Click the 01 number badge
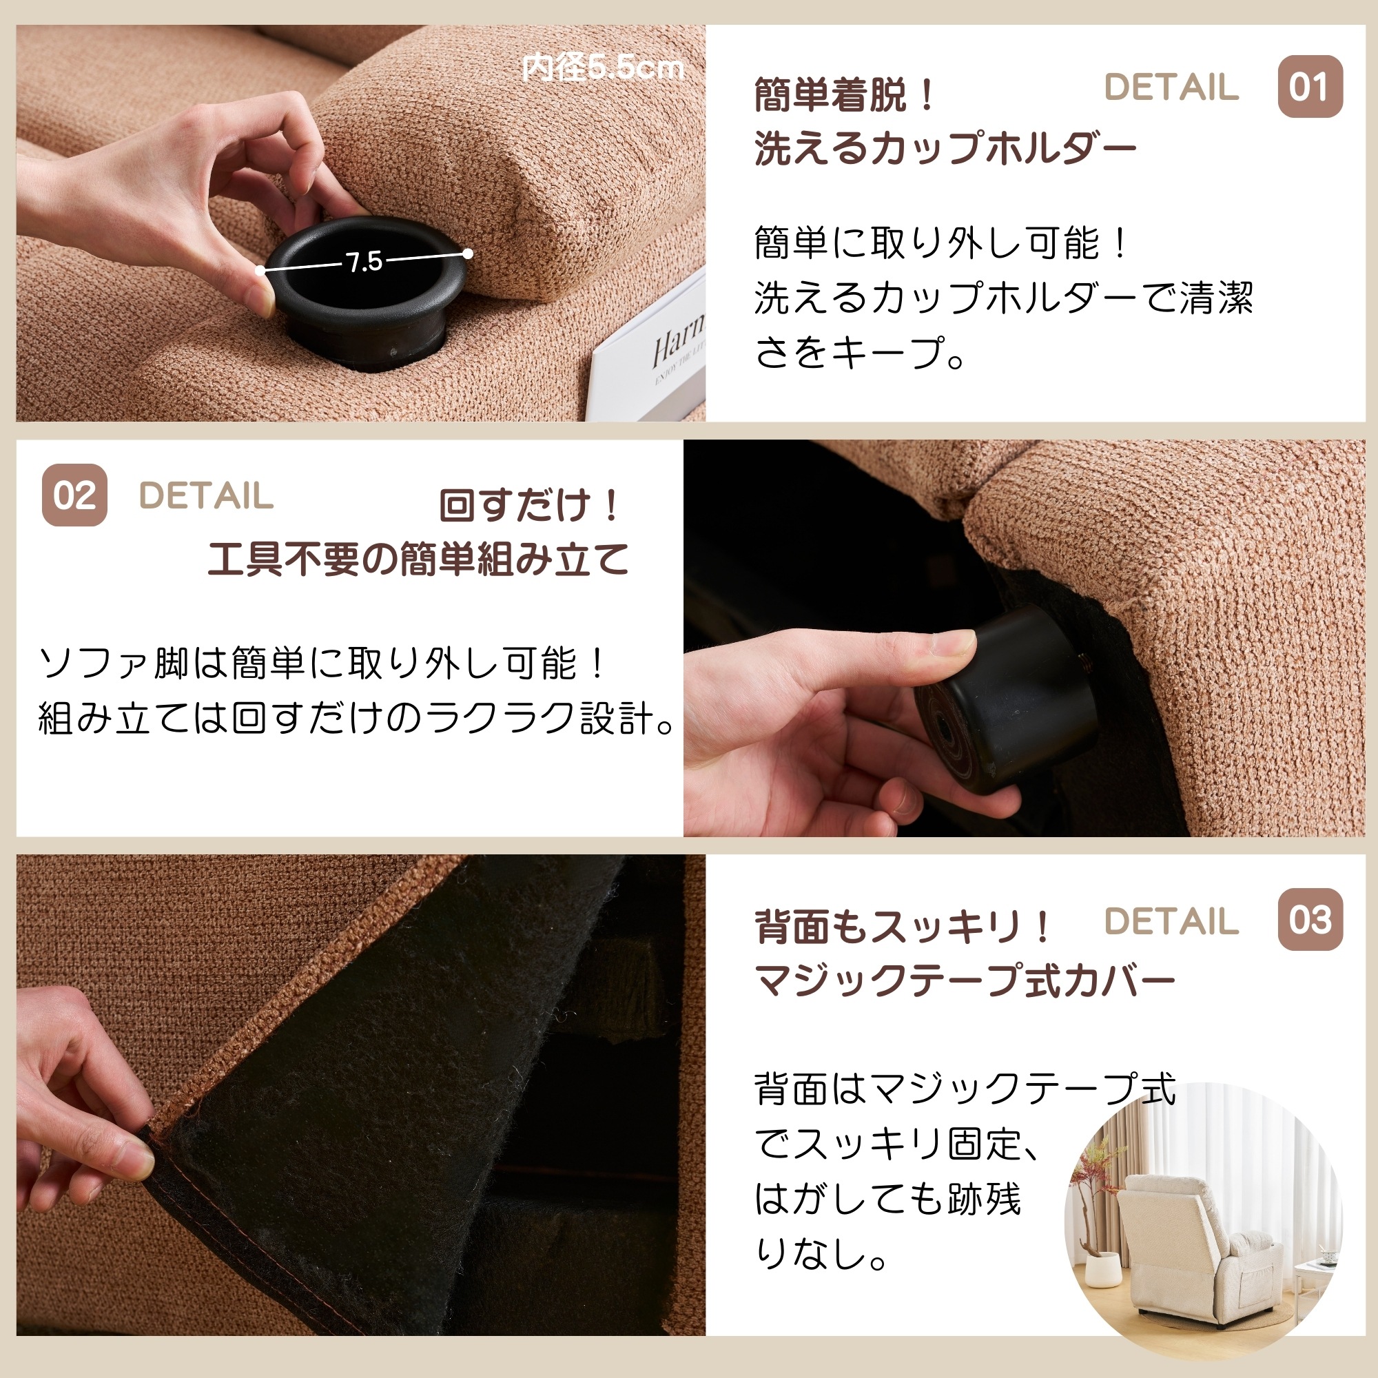(x=1310, y=87)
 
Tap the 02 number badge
(x=74, y=495)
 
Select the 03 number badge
(x=1310, y=919)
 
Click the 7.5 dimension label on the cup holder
(x=364, y=262)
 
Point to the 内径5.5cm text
(x=603, y=68)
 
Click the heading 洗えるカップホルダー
(x=945, y=148)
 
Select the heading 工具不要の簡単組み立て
(x=418, y=559)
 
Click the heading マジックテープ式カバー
(x=965, y=980)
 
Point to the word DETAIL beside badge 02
(x=206, y=495)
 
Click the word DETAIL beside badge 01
(x=1171, y=87)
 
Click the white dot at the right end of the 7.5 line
(x=468, y=253)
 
